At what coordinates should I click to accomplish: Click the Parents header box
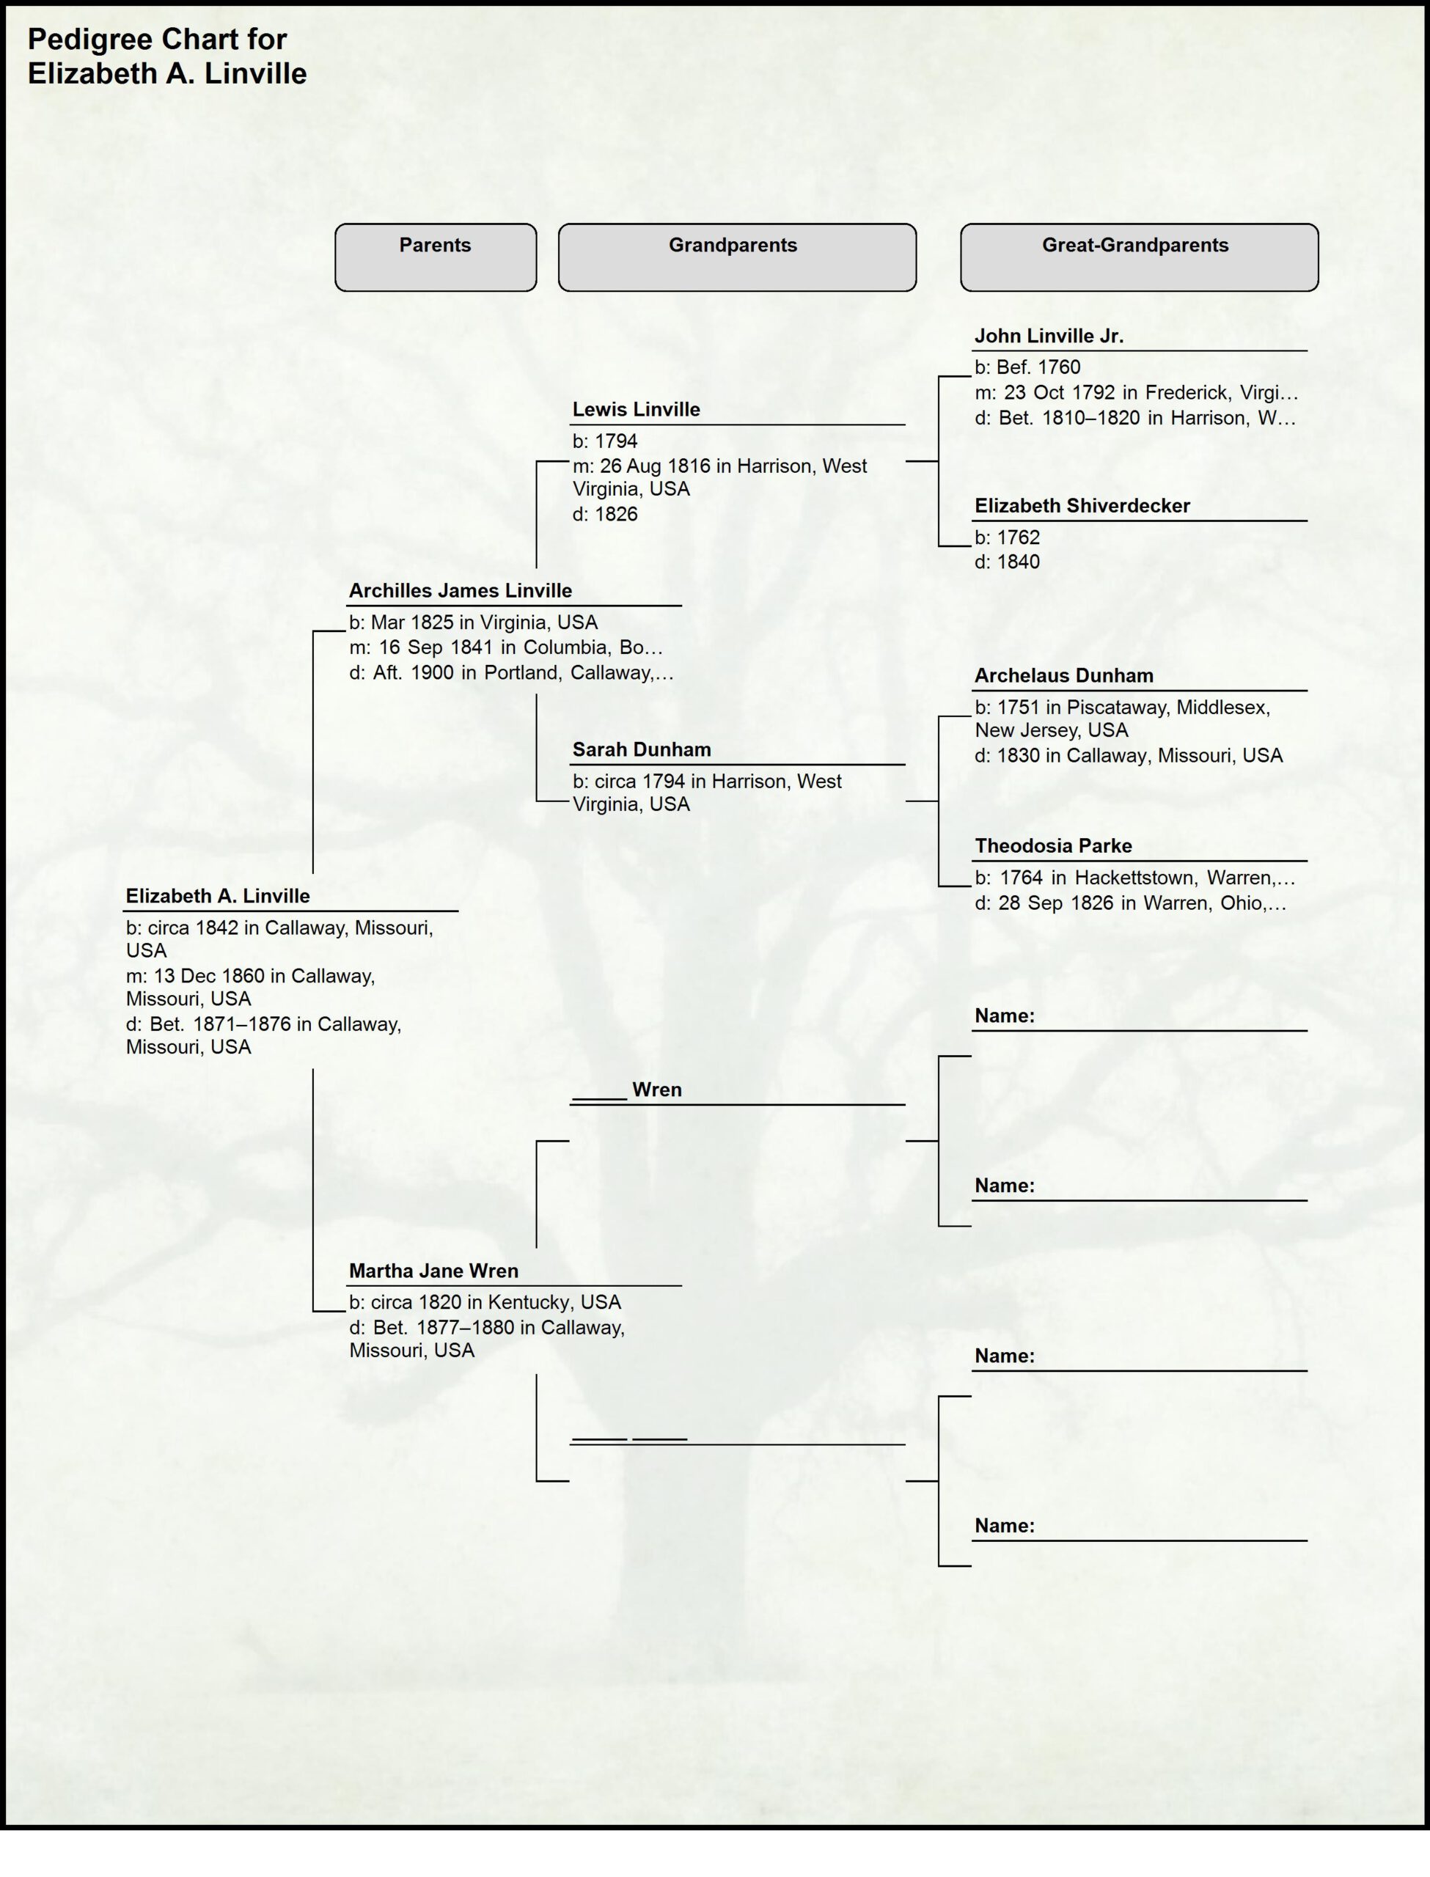[x=435, y=257]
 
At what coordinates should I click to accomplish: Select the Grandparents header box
[x=736, y=257]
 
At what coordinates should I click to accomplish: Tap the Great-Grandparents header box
[x=1139, y=257]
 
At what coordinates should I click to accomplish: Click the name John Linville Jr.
[x=1049, y=336]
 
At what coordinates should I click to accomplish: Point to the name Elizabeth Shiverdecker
[x=1082, y=506]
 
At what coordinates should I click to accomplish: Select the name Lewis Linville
[x=636, y=409]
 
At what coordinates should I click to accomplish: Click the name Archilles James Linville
[x=460, y=590]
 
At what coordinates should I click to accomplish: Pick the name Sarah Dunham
[x=641, y=749]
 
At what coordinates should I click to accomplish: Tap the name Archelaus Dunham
[x=1064, y=675]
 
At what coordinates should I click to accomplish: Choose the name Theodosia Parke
[x=1053, y=846]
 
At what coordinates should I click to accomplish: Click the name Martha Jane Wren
[x=433, y=1271]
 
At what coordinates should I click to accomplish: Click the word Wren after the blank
[x=656, y=1090]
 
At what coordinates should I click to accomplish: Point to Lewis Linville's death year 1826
[x=615, y=514]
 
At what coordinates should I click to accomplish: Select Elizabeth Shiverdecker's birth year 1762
[x=1018, y=537]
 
